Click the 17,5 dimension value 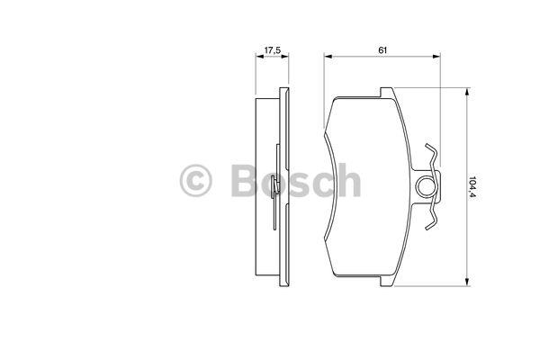coord(272,50)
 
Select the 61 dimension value coord(382,50)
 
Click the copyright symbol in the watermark coord(195,181)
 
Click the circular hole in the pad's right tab coord(427,186)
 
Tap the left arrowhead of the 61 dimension coord(328,56)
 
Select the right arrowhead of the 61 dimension coord(436,56)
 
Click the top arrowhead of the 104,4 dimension coord(467,92)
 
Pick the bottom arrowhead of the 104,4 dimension coord(467,282)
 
